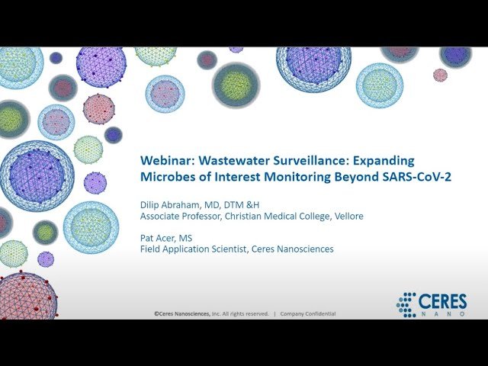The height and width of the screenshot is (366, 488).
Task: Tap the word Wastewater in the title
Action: click(231, 161)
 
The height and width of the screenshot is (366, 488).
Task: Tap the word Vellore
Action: click(347, 216)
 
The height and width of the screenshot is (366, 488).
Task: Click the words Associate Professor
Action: click(180, 216)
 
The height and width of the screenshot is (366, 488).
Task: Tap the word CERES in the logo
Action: click(442, 301)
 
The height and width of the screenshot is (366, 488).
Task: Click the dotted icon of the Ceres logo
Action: click(406, 305)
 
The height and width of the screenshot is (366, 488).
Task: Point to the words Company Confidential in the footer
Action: click(307, 313)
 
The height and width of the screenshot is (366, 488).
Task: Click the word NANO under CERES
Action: click(442, 313)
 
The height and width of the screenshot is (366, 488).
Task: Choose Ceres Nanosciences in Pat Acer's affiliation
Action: click(296, 249)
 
